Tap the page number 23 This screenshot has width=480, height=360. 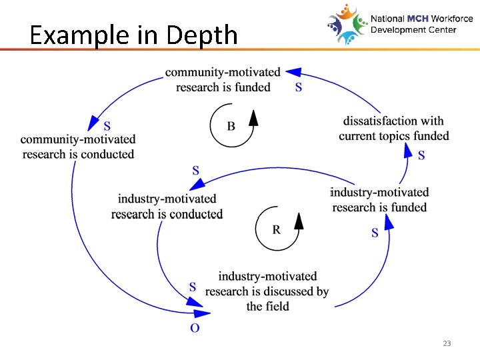(447, 343)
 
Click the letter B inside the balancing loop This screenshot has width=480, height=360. (231, 127)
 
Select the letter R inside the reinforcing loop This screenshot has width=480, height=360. (276, 229)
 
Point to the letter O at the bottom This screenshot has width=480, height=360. (195, 327)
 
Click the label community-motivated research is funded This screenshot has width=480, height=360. (223, 79)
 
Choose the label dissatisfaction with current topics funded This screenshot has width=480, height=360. (393, 129)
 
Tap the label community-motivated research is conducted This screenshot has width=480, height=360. (78, 147)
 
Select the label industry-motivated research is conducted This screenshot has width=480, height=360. (167, 206)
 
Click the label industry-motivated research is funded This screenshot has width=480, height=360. (379, 200)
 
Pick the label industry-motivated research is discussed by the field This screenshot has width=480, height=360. (267, 291)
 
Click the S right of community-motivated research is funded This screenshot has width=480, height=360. (298, 87)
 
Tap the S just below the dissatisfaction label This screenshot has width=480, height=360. (421, 156)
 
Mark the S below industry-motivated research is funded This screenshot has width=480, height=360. (375, 233)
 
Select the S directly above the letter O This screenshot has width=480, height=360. (193, 287)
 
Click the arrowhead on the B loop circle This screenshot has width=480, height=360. (253, 119)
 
